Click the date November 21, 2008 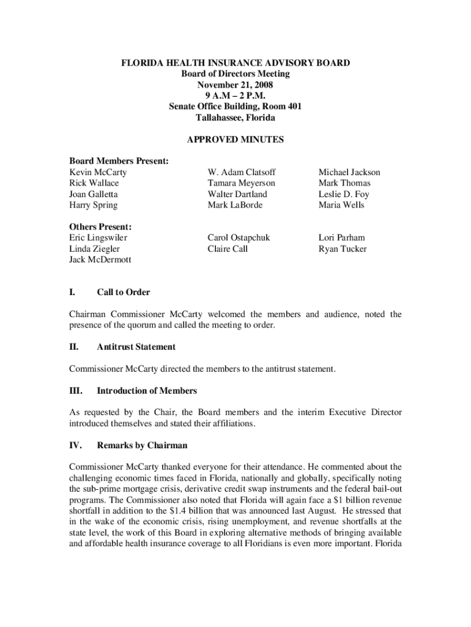[235, 84]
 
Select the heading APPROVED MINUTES [235, 140]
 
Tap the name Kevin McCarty [98, 173]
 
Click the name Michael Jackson [349, 173]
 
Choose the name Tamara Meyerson [242, 183]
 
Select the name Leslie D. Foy [344, 194]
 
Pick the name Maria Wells [341, 205]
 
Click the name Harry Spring [93, 205]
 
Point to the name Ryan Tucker [343, 249]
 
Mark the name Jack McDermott [100, 260]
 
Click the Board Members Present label [119, 162]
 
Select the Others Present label [100, 227]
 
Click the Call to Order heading [123, 292]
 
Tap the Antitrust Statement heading [136, 347]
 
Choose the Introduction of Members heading [147, 391]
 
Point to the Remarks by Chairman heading [142, 445]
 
